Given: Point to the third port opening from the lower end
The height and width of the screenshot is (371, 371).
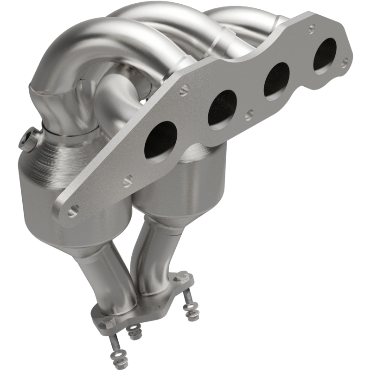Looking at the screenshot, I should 277,80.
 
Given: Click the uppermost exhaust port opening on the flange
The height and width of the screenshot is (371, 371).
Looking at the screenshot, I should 325,55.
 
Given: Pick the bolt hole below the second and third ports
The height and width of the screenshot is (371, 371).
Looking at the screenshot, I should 249,113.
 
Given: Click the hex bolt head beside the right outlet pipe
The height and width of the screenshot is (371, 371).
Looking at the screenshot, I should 182,277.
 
